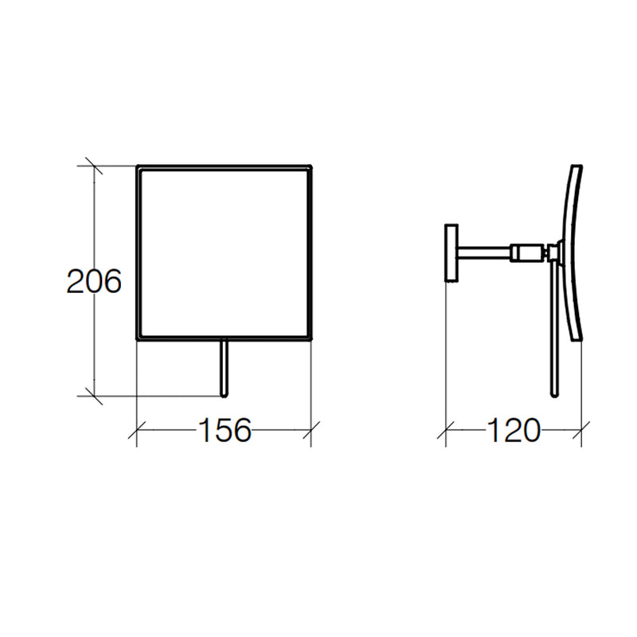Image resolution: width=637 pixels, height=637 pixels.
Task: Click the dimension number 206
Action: pyautogui.click(x=94, y=282)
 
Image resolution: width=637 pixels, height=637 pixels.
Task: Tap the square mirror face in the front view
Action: pyautogui.click(x=224, y=253)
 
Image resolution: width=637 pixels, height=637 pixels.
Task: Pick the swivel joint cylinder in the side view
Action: pyautogui.click(x=526, y=253)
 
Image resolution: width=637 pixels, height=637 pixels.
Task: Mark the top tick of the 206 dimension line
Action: pyautogui.click(x=94, y=166)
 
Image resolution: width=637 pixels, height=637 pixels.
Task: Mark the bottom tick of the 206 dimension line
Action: pyautogui.click(x=94, y=395)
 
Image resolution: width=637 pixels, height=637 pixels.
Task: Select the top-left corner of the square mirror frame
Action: pyautogui.click(x=139, y=167)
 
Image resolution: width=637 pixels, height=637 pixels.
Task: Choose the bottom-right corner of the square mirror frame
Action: pyautogui.click(x=310, y=338)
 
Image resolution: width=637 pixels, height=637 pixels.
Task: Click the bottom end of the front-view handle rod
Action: pyautogui.click(x=225, y=394)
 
